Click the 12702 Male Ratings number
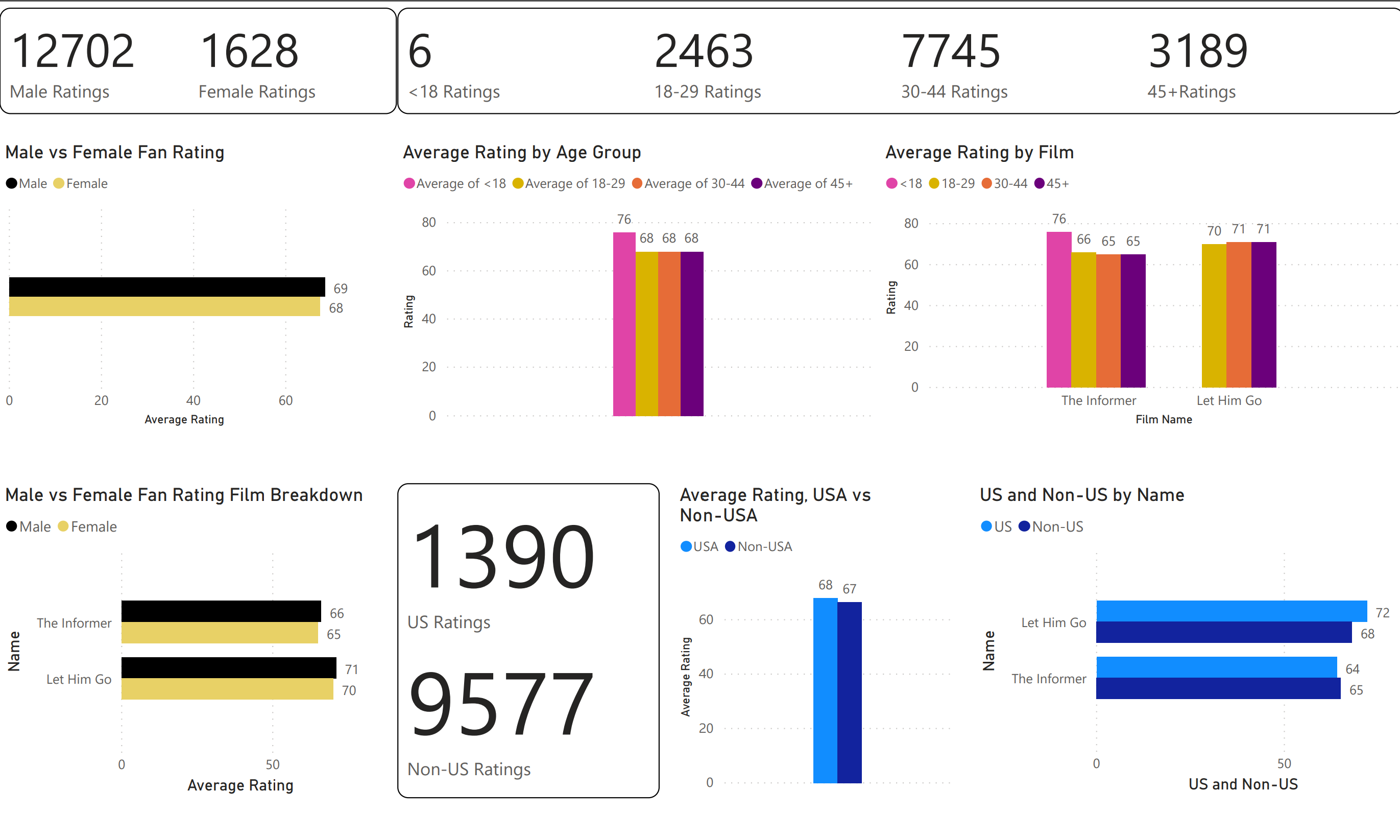pyautogui.click(x=73, y=51)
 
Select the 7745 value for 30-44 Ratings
pyautogui.click(x=951, y=51)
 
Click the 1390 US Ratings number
pyautogui.click(x=503, y=557)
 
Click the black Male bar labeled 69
pyautogui.click(x=166, y=286)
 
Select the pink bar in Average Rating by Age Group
pyautogui.click(x=624, y=323)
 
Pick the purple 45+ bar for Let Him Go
pyautogui.click(x=1263, y=315)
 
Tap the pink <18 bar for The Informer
pyautogui.click(x=1058, y=309)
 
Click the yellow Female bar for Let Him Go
pyautogui.click(x=227, y=689)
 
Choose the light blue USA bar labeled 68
pyautogui.click(x=825, y=690)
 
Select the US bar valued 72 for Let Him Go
pyautogui.click(x=1231, y=611)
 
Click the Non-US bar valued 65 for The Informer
pyautogui.click(x=1218, y=688)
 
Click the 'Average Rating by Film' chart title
pyautogui.click(x=979, y=152)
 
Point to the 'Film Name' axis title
pyautogui.click(x=1163, y=419)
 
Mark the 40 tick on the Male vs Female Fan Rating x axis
pyautogui.click(x=194, y=400)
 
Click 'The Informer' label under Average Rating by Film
pyautogui.click(x=1098, y=400)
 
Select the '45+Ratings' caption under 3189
pyautogui.click(x=1191, y=92)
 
